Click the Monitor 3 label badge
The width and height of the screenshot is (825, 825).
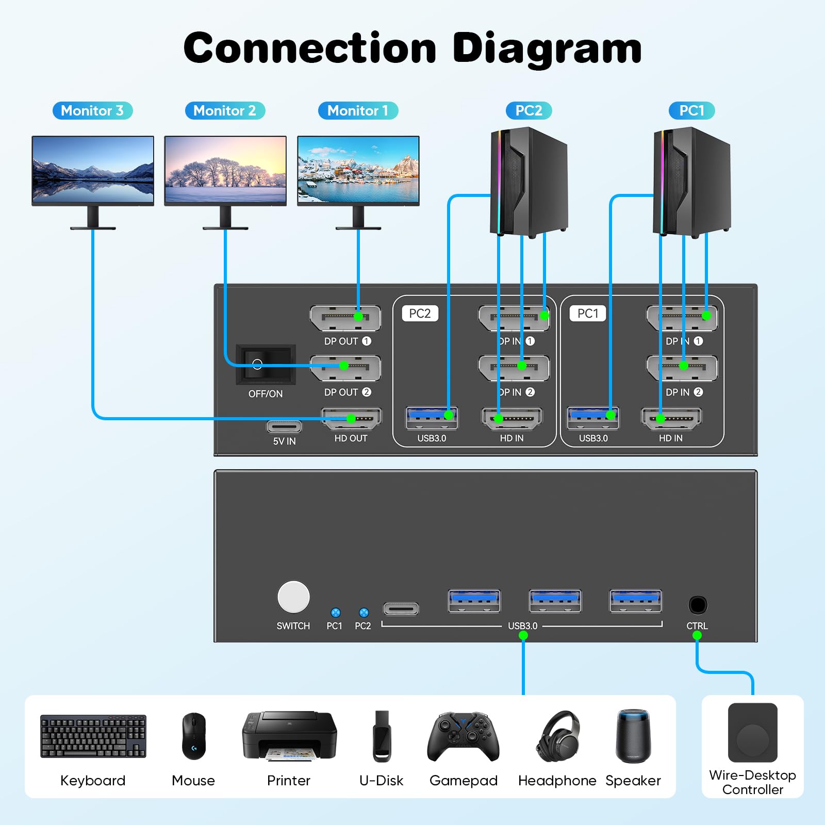tap(93, 111)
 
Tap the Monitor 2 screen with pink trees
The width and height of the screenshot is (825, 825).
tap(225, 170)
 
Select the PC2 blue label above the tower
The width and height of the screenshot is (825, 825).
tap(529, 111)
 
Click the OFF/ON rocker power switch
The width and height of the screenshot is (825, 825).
tap(266, 365)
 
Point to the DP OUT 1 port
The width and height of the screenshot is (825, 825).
tap(345, 318)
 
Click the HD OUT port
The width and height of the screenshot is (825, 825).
tap(351, 419)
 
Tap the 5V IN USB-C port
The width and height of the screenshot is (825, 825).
tap(284, 427)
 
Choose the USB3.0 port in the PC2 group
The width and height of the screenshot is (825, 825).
tap(432, 418)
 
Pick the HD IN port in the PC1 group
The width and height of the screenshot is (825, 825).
tap(671, 418)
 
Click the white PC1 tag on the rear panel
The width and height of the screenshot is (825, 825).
tap(588, 313)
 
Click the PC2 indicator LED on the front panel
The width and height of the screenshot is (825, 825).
tap(364, 613)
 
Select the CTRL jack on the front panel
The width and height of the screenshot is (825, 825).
tap(698, 605)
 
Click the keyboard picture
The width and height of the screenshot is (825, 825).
tap(93, 736)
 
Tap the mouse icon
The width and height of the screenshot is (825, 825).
tap(193, 736)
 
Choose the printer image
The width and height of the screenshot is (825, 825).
tap(289, 736)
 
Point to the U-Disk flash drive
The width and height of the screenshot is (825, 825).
tap(382, 736)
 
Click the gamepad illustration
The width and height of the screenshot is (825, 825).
tap(463, 736)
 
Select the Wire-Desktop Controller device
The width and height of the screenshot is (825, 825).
tap(752, 733)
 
